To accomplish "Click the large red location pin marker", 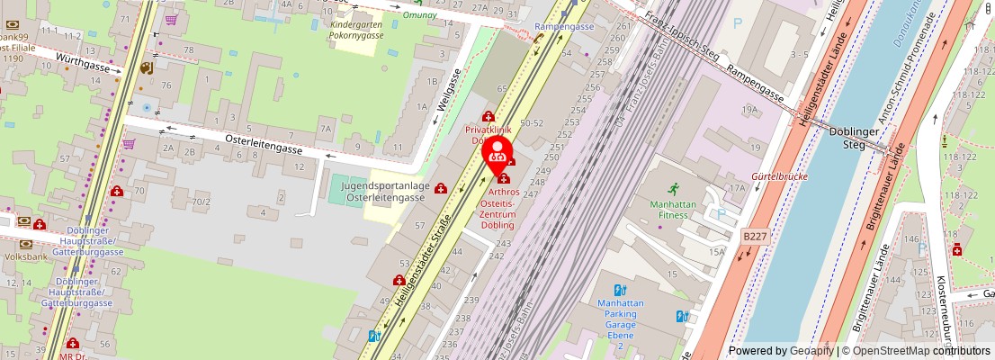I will (497, 151).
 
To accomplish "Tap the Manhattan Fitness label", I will (673, 210).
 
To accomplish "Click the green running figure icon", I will (673, 189).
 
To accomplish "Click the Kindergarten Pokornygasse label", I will (357, 31).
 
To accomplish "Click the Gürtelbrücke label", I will (779, 176).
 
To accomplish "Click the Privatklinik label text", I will (488, 130).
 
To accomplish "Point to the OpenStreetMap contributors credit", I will (916, 351).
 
